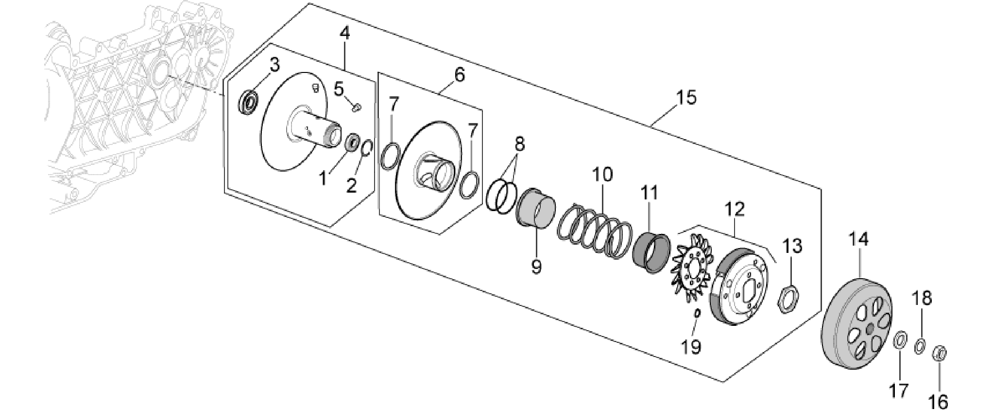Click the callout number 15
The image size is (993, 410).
point(685,97)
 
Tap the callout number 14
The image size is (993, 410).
point(858,239)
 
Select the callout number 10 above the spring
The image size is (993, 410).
point(602,175)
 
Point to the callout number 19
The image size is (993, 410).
point(691,346)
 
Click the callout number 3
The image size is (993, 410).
point(275,65)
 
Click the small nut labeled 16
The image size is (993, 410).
point(940,354)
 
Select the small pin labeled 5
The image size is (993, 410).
point(356,107)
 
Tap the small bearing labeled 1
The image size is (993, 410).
point(352,143)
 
